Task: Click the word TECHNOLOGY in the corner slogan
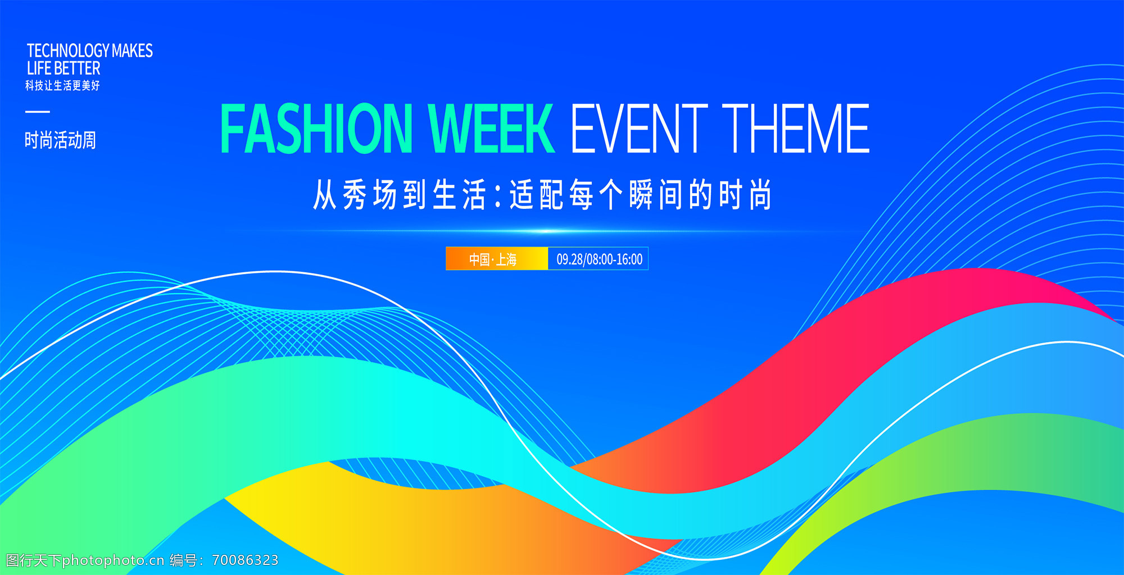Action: coord(68,51)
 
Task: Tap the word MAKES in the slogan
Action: coord(132,51)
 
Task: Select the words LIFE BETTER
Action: coord(64,69)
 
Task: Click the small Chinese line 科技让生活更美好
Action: coord(62,85)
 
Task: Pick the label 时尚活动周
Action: coord(60,140)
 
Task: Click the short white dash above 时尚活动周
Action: coord(38,112)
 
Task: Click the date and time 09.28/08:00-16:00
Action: coord(599,259)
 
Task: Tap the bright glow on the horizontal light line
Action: coord(546,231)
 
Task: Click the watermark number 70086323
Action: coord(245,560)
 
